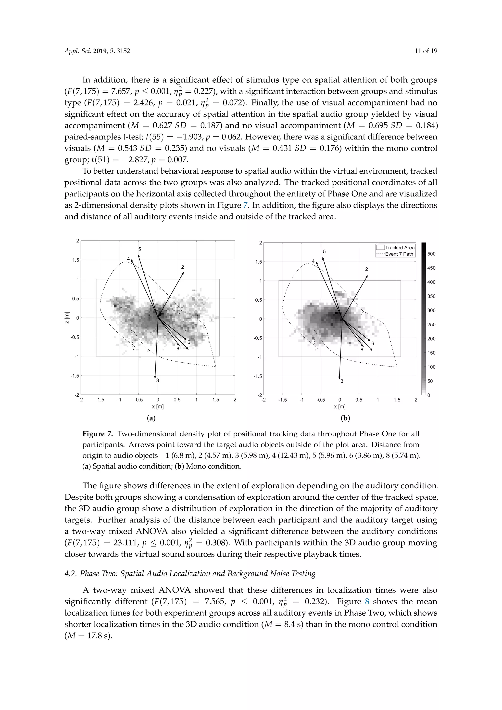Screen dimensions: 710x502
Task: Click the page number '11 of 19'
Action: pyautogui.click(x=426, y=51)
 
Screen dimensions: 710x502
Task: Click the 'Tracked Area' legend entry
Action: pyautogui.click(x=399, y=247)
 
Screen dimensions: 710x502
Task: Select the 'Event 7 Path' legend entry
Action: pyautogui.click(x=399, y=254)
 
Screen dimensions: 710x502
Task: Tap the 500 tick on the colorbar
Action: pyautogui.click(x=431, y=254)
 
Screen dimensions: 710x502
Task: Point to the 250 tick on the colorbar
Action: pyautogui.click(x=431, y=324)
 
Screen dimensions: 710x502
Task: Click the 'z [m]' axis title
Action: pyautogui.click(x=67, y=317)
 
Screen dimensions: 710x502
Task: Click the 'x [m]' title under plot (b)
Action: pyautogui.click(x=339, y=407)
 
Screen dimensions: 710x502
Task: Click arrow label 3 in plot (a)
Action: pyautogui.click(x=158, y=380)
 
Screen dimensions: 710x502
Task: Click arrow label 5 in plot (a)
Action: pyautogui.click(x=139, y=249)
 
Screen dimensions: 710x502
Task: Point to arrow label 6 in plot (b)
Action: pyautogui.click(x=373, y=343)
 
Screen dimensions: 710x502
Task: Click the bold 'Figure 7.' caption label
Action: pyautogui.click(x=97, y=434)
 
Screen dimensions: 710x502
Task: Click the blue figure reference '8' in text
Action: pyautogui.click(x=367, y=601)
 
